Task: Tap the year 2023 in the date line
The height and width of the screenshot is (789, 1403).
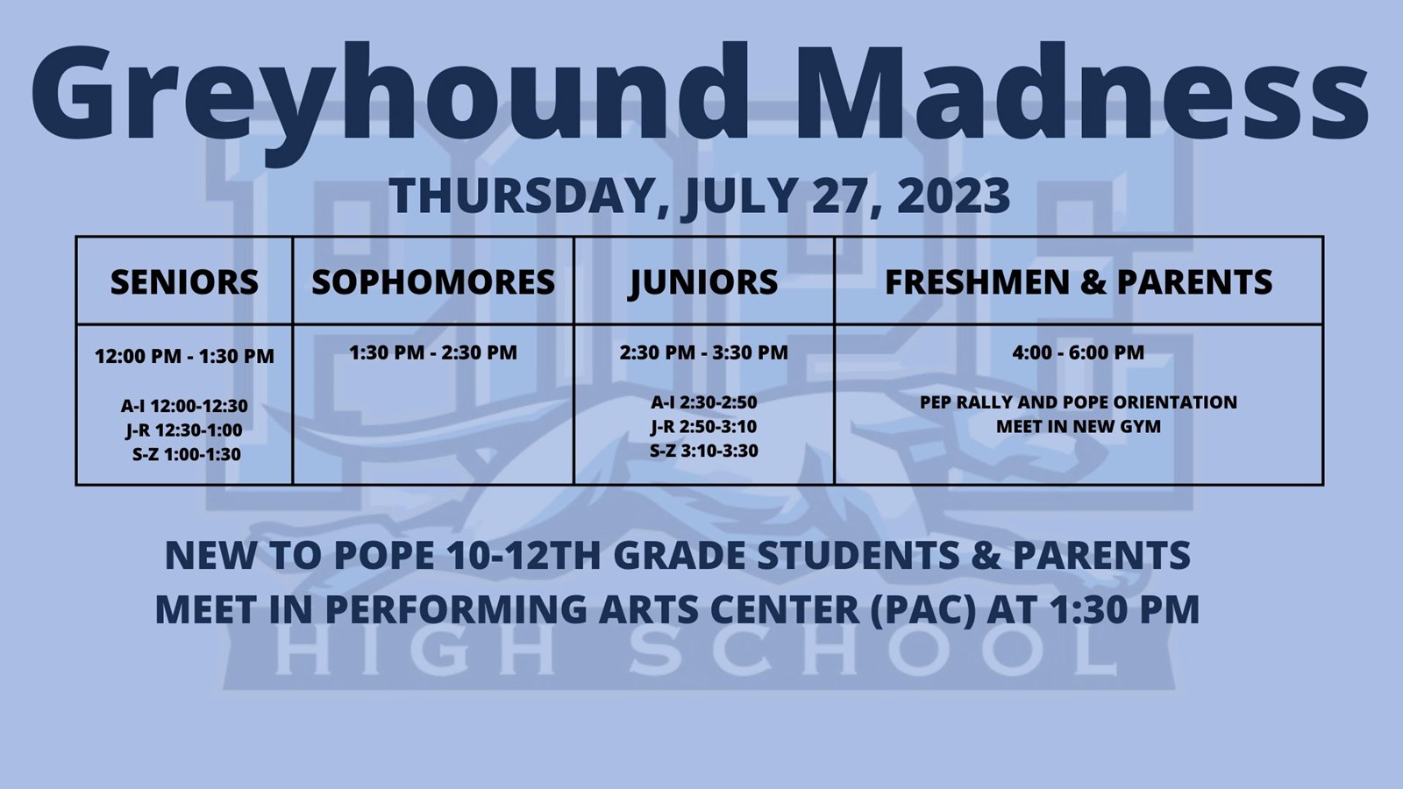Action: [953, 196]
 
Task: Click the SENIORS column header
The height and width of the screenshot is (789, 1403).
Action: [184, 281]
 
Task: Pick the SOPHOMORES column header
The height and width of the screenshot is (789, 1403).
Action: [433, 281]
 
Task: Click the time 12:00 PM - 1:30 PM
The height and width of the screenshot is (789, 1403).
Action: [184, 356]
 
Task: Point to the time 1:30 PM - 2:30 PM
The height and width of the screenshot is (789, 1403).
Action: [433, 352]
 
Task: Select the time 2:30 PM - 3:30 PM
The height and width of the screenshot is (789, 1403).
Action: [704, 352]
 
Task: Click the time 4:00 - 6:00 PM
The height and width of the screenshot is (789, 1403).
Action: [1079, 352]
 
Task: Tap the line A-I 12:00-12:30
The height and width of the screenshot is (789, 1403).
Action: [184, 406]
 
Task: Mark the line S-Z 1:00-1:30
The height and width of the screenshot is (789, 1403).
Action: [186, 454]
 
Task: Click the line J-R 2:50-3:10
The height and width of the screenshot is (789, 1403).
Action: [704, 427]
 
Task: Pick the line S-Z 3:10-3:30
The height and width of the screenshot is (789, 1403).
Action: [704, 451]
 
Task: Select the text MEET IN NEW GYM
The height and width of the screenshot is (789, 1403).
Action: [1079, 426]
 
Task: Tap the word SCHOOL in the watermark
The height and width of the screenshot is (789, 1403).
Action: [872, 652]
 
